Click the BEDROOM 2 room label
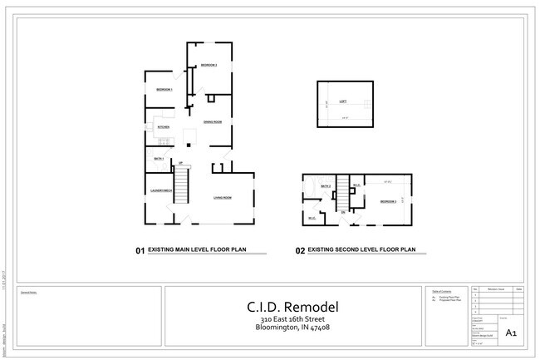pyautogui.click(x=208, y=65)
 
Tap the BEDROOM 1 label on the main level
pyautogui.click(x=164, y=89)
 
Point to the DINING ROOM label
pyautogui.click(x=213, y=122)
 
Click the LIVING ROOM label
pyautogui.click(x=222, y=197)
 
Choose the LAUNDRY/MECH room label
pyautogui.click(x=160, y=191)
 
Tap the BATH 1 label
pyautogui.click(x=160, y=158)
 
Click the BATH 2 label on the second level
pyautogui.click(x=326, y=186)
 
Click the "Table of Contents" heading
pyautogui.click(x=442, y=291)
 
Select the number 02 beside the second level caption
pyautogui.click(x=301, y=249)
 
